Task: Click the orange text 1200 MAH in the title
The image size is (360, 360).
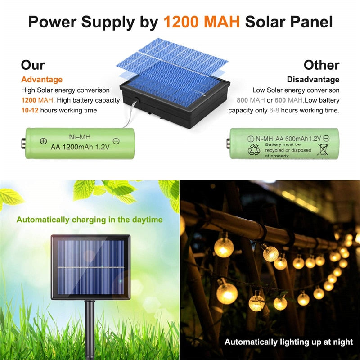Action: tap(202, 21)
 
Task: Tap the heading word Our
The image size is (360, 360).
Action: tap(33, 65)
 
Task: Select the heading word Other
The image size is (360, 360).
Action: tap(321, 65)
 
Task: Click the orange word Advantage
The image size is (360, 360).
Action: tap(42, 80)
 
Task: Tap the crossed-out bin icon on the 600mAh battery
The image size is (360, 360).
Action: tap(323, 149)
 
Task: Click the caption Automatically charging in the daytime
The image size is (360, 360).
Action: tap(90, 220)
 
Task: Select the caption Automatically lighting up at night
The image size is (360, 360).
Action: tap(288, 342)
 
